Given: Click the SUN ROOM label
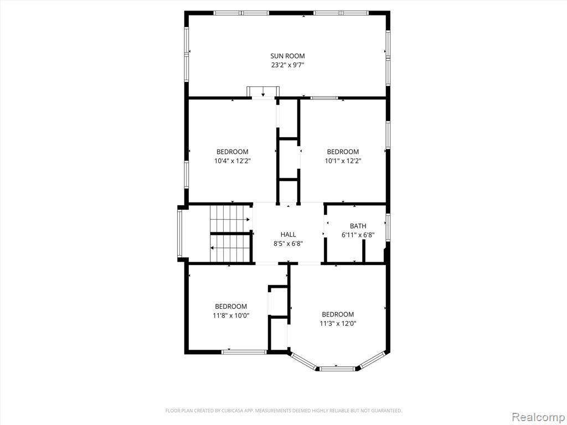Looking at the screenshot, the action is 287,56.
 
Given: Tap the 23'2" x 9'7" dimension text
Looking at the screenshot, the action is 287,65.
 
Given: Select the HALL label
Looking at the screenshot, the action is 288,235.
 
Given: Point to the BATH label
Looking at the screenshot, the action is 358,226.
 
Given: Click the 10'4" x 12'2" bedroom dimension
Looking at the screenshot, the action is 233,161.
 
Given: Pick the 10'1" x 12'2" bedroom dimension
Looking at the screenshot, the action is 343,161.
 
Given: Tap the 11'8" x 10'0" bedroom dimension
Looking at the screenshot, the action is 231,315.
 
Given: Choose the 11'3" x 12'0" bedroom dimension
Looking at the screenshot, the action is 338,323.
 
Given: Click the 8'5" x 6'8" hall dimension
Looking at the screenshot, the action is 288,243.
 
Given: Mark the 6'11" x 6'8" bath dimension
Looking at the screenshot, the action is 358,235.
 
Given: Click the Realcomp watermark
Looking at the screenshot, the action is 538,417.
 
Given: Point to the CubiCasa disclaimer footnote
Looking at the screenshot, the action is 283,411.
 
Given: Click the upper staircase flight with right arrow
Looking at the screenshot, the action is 231,219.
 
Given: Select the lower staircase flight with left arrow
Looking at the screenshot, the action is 230,248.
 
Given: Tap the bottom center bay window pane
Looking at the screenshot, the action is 338,369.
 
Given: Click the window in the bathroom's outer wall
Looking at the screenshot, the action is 388,227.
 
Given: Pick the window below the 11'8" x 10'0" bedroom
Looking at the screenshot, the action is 244,351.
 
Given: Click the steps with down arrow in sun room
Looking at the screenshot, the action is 263,91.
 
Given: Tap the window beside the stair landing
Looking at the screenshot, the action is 180,234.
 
